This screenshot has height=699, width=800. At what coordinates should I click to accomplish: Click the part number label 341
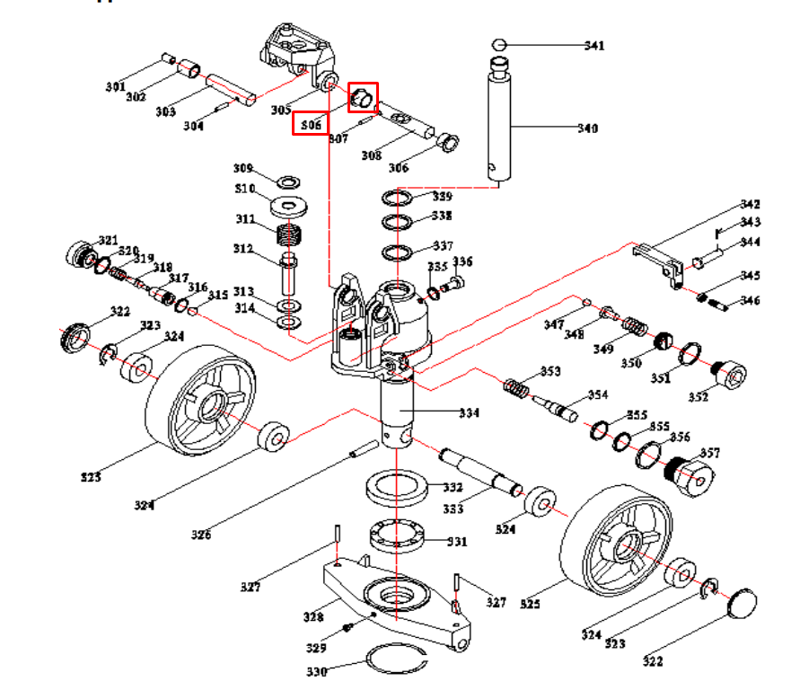(x=595, y=46)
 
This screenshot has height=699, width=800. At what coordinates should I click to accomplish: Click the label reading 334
(x=469, y=413)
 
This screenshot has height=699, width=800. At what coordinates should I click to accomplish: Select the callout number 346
(x=750, y=301)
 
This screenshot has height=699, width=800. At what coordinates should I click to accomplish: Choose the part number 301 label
(x=115, y=87)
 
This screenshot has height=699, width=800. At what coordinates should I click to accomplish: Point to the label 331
(x=458, y=542)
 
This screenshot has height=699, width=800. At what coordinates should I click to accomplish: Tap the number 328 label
(x=313, y=617)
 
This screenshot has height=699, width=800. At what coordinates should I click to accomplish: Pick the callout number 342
(x=750, y=205)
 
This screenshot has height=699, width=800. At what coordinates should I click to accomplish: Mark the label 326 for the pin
(x=201, y=535)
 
